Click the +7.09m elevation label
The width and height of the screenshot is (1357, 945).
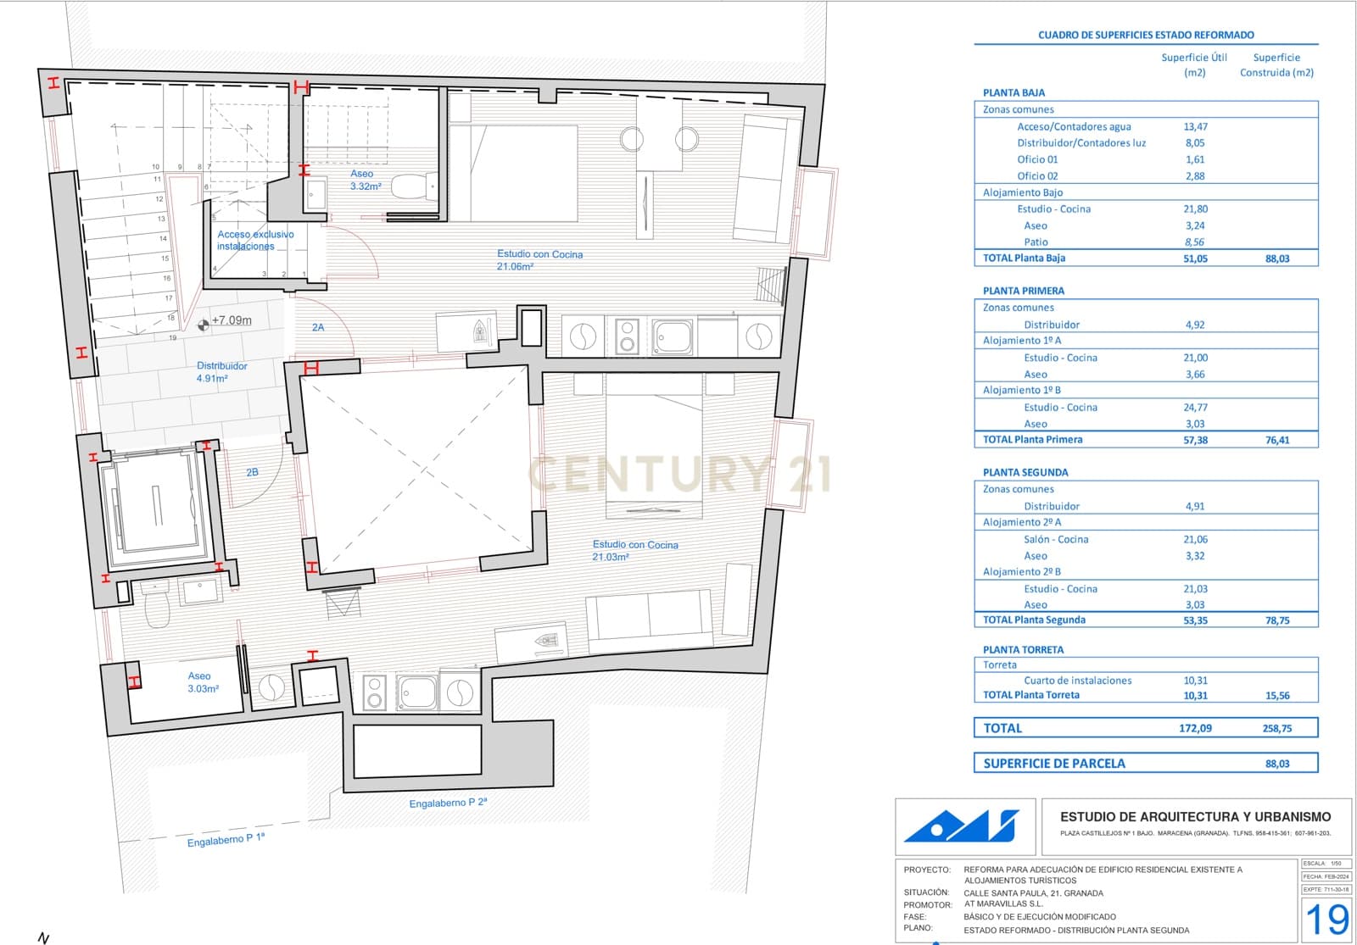(x=231, y=320)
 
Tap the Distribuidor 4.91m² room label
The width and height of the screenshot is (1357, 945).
(x=221, y=372)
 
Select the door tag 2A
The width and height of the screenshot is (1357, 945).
(x=318, y=327)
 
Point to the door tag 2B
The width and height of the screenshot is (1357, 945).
(x=252, y=472)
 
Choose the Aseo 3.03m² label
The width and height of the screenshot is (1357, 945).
(x=202, y=682)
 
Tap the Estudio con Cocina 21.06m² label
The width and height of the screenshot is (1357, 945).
(x=539, y=259)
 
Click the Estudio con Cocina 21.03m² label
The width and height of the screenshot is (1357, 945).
(x=634, y=551)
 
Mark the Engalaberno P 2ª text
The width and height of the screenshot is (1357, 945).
(x=448, y=802)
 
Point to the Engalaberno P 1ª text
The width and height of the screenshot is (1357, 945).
(x=226, y=839)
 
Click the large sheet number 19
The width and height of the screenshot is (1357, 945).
(x=1326, y=919)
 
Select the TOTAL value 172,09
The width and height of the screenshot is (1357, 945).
(x=1195, y=728)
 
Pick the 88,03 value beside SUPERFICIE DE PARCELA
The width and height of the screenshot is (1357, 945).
(x=1277, y=764)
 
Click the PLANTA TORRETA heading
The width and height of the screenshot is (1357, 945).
(x=1023, y=650)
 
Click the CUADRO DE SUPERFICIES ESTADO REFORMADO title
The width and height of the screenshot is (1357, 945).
(x=1146, y=35)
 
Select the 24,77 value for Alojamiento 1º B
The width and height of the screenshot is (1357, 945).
(x=1195, y=408)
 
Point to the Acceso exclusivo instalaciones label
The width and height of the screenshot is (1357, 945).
(x=254, y=240)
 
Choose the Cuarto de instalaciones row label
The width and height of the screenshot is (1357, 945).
(x=1077, y=681)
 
